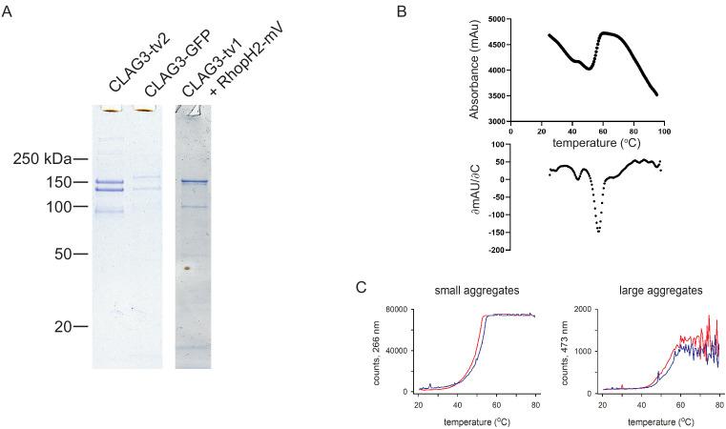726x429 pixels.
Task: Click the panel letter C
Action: (x=359, y=287)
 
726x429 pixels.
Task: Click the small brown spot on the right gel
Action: (x=188, y=269)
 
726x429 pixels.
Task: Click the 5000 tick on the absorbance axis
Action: (x=495, y=19)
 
